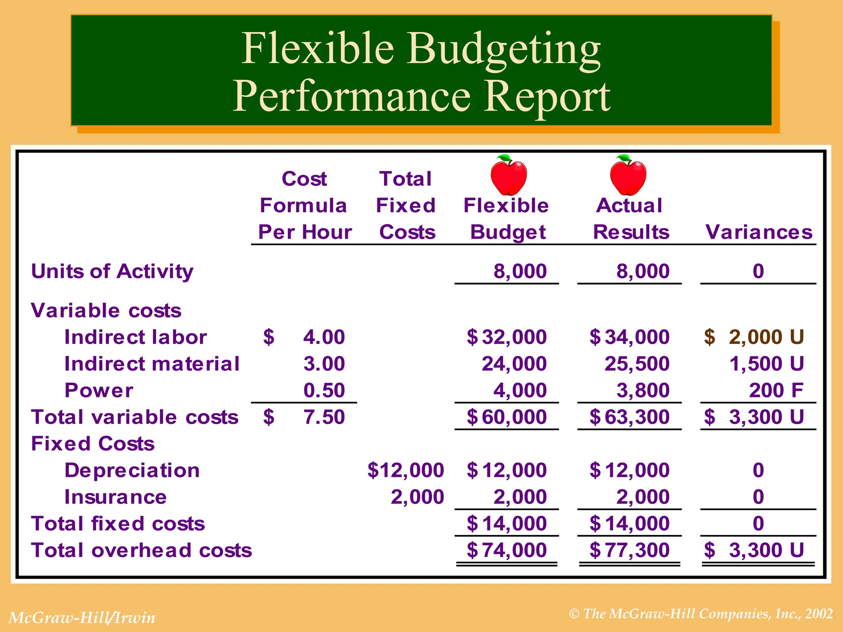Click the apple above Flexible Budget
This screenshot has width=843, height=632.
point(509,176)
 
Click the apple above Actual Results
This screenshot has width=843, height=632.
point(628,176)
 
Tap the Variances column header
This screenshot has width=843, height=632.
point(759,232)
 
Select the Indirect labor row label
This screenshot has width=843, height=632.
point(135,337)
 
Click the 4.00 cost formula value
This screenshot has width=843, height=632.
point(324,337)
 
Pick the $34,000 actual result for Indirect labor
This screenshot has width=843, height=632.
point(630,337)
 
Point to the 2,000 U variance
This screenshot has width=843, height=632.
point(766,337)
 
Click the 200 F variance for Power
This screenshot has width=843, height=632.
point(776,390)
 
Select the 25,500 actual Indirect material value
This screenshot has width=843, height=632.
point(637,364)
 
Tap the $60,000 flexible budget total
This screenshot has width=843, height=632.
point(507,417)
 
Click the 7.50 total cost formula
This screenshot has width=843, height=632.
point(324,417)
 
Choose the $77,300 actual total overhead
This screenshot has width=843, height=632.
point(630,550)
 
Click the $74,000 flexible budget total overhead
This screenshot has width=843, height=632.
point(507,550)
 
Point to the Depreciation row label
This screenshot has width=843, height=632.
point(132,470)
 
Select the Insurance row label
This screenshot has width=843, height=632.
point(116,497)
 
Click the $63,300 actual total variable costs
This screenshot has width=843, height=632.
point(630,417)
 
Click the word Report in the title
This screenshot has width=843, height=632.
point(547,97)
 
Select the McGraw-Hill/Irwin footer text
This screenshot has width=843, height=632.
point(82,618)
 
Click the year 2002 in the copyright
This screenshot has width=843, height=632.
point(819,614)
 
